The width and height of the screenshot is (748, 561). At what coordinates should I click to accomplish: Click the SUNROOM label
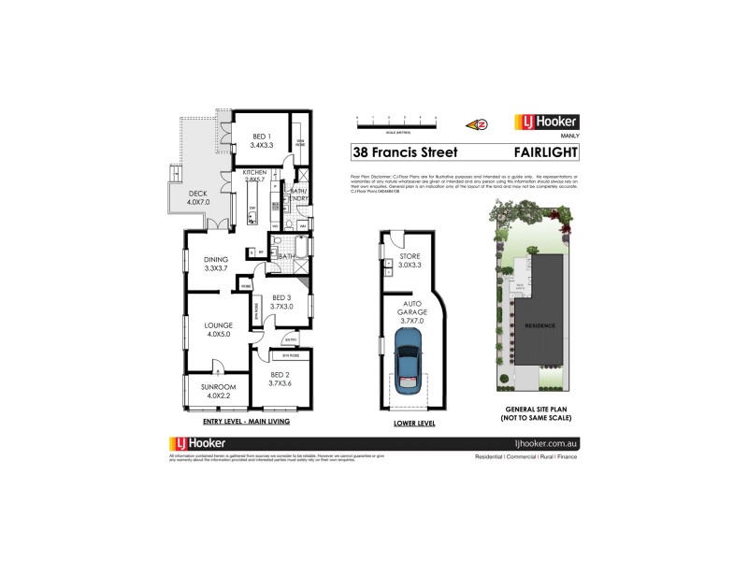pos(218,390)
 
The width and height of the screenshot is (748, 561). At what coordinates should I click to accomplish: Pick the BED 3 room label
pos(282,301)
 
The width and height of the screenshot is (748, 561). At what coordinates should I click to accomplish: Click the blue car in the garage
pos(409,369)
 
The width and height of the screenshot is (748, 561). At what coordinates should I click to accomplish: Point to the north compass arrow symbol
pos(479,122)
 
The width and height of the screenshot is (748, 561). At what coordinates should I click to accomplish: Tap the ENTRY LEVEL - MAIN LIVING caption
pos(245,422)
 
